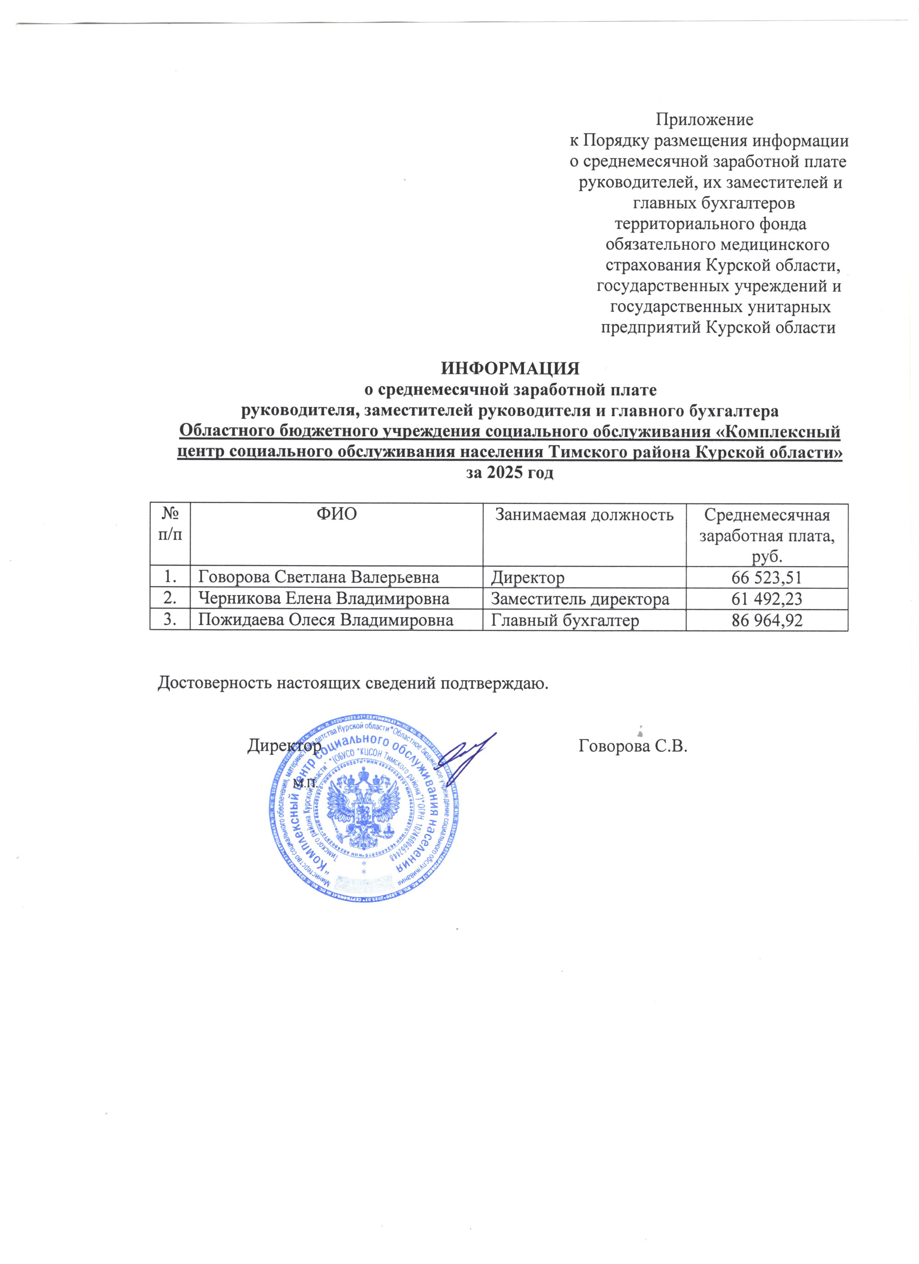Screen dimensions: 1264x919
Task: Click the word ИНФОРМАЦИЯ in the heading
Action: [x=510, y=369]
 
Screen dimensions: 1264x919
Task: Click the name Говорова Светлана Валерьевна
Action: [x=319, y=578]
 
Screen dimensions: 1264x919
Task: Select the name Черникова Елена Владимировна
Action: [x=324, y=599]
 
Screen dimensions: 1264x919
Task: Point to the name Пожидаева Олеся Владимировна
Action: [x=326, y=620]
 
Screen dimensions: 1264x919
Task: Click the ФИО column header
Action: [x=337, y=514]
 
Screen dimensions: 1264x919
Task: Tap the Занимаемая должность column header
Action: [x=585, y=514]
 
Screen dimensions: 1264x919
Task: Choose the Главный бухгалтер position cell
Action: [x=564, y=620]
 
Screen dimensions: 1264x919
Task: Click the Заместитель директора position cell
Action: [x=580, y=599]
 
